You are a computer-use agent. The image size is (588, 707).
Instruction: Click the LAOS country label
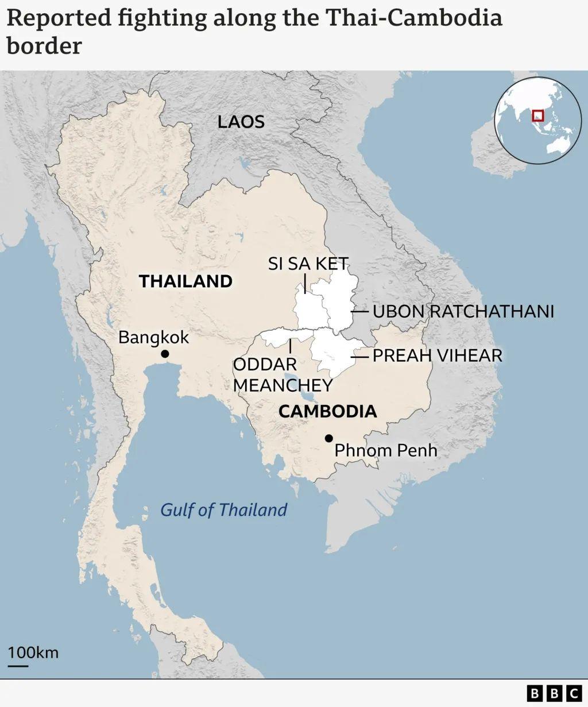coord(241,122)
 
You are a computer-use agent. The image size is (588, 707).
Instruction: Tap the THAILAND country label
coord(185,281)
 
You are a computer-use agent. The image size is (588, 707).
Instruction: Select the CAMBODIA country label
coord(327,411)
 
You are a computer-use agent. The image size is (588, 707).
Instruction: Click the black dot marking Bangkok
coord(165,354)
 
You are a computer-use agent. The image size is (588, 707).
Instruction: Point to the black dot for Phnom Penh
coord(328,438)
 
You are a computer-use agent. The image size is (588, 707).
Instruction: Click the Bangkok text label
coord(153,337)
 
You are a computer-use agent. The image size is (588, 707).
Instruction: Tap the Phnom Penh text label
coord(386,450)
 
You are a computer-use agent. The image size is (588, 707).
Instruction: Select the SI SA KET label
coord(308,264)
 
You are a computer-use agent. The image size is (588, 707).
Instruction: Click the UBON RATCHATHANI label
coord(463,311)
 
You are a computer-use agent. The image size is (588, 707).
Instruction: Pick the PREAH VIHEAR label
coord(438,356)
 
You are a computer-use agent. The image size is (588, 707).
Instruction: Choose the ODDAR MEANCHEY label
coord(283,374)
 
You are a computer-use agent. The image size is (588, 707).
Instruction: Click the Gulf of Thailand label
coord(223,509)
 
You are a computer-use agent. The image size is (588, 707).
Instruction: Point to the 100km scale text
coord(33,652)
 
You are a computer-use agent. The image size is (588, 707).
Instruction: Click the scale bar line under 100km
coord(18,666)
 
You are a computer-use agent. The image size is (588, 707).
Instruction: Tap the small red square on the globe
coord(537,115)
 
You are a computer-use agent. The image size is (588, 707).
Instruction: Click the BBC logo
coord(554,693)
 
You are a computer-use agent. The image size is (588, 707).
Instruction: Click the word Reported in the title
coord(59,18)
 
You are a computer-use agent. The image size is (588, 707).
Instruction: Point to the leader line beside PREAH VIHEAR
coord(360,357)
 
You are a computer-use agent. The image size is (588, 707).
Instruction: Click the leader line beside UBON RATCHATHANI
coord(360,312)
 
